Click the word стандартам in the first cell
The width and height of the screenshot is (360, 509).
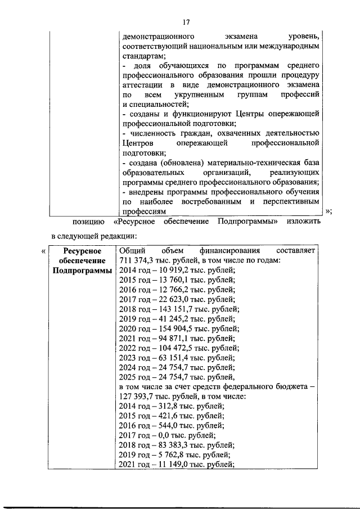(143, 56)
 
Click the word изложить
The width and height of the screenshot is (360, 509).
(303, 222)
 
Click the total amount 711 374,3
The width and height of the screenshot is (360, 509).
(139, 260)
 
